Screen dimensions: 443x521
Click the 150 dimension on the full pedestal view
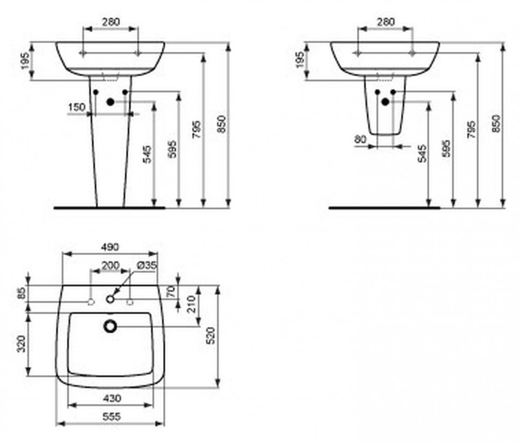pos(77,107)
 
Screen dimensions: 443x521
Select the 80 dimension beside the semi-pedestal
pos(360,139)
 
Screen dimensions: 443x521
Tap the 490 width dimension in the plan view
pos(110,247)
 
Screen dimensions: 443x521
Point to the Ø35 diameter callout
pos(146,265)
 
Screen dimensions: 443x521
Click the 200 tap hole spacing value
pos(111,265)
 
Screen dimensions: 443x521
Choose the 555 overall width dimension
pos(111,417)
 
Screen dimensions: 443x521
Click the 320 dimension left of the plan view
pos(22,343)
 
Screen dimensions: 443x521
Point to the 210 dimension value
pos(191,305)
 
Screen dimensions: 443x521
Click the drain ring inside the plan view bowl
pos(111,325)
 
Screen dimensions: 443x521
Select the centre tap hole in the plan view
pos(111,299)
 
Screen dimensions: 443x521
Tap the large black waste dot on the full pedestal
pos(111,102)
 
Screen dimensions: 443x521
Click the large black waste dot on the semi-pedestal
pos(385,101)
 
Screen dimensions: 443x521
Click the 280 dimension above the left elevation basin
pos(111,22)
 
